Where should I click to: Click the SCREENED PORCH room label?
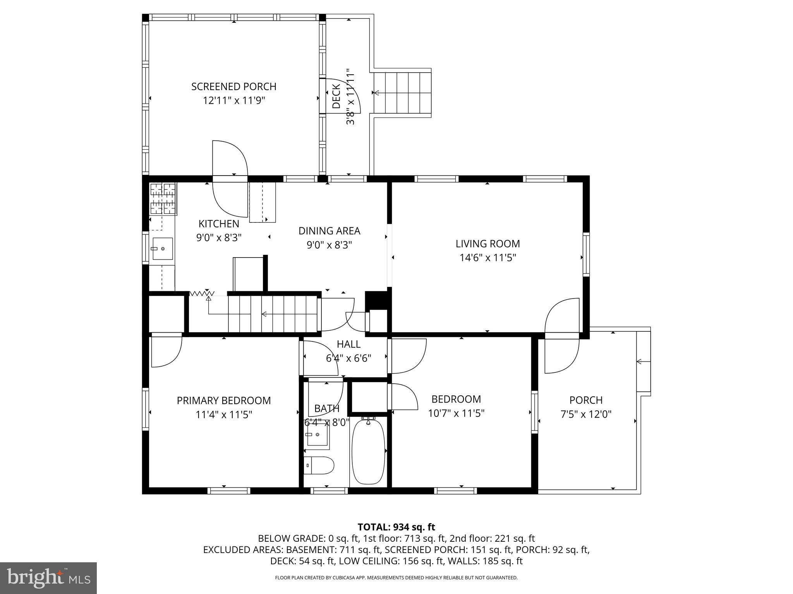233,87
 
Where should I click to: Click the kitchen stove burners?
163,199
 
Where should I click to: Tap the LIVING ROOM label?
487,244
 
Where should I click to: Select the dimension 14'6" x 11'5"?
487,258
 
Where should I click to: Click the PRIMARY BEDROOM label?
223,401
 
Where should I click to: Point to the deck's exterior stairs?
403,93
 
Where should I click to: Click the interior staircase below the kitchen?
273,314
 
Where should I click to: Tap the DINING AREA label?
329,231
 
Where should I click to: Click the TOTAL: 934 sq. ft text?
396,527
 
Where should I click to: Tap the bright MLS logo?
48,578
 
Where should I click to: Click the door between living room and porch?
562,335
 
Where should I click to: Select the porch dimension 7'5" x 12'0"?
586,415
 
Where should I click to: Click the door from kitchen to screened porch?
230,179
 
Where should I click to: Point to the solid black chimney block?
376,300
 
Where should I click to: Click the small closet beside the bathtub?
369,397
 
